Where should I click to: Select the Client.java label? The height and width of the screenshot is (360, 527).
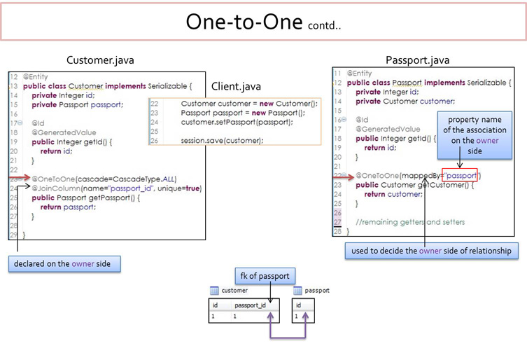[x=236, y=87]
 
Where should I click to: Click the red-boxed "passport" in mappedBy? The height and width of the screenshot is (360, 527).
[x=461, y=174]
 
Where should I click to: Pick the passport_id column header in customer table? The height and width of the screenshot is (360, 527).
[x=251, y=305]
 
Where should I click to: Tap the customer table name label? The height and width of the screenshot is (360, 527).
[x=234, y=290]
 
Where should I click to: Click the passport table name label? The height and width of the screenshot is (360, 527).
[x=317, y=290]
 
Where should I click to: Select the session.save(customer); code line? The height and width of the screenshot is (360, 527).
[x=222, y=140]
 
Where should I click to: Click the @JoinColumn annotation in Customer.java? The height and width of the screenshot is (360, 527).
[x=116, y=188]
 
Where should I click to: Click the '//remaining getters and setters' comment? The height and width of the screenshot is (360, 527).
[x=409, y=221]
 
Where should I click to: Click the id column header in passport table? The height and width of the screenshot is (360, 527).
[x=299, y=305]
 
